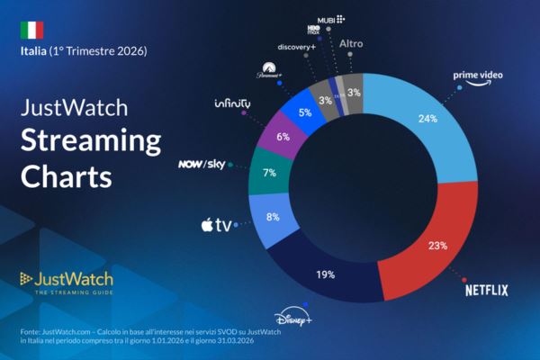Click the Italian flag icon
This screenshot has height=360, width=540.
pos(31,30)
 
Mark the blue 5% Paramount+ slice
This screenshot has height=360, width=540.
pos(304,112)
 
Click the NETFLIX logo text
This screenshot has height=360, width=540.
pos(487,290)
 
